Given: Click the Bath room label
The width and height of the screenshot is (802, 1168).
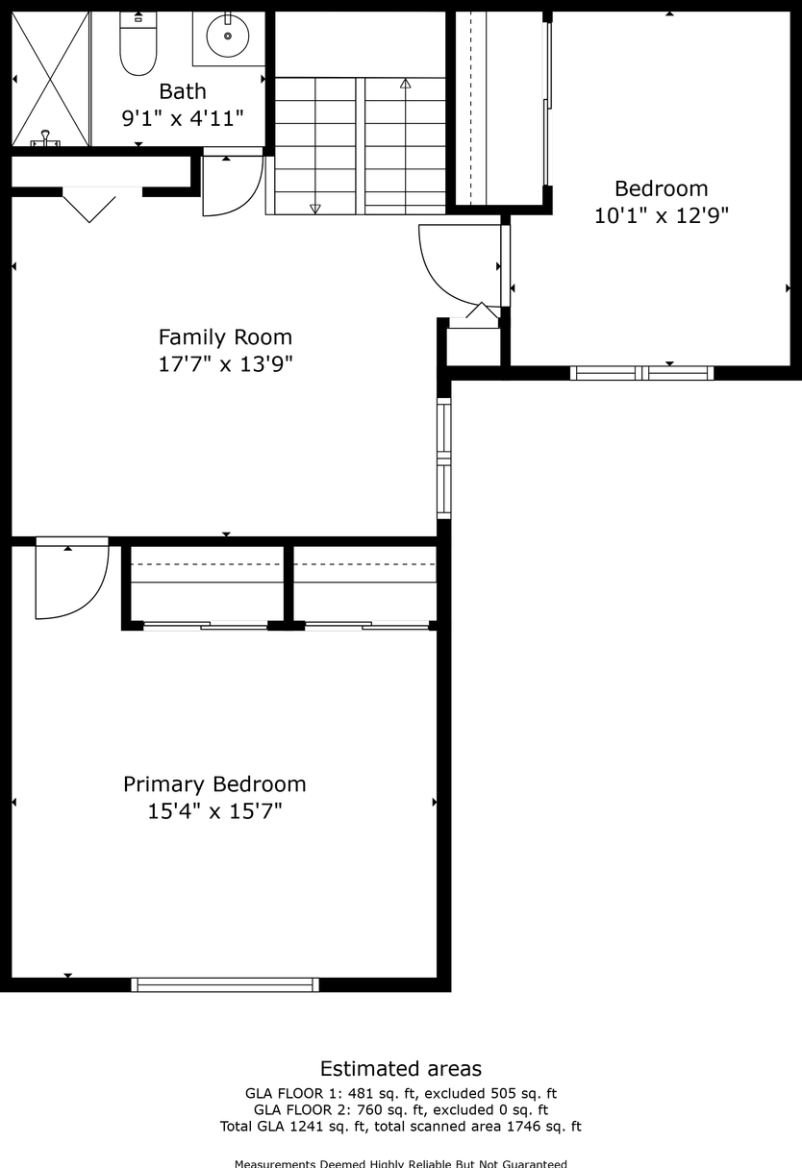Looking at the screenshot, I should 183,91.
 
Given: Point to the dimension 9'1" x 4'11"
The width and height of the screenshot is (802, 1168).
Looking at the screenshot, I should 183,118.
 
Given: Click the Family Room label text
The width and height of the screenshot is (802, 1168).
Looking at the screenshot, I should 225,337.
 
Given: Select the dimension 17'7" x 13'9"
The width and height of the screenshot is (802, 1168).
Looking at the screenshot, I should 225,364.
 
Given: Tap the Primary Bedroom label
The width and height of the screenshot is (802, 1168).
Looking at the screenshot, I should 214,784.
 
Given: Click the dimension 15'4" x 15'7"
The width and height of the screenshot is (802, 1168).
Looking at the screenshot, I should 214,811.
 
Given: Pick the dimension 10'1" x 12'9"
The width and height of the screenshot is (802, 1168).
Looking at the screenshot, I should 662,216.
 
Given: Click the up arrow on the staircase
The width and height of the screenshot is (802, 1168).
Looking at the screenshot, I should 405,85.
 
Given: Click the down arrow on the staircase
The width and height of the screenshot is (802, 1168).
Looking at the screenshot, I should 314,208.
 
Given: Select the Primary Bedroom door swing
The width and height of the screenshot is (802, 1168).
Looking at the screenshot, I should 71,582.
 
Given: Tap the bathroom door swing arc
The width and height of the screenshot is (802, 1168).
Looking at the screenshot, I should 233,186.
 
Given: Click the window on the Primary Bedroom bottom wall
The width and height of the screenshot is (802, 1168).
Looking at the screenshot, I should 225,984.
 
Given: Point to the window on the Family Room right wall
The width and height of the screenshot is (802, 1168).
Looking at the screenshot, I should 443,459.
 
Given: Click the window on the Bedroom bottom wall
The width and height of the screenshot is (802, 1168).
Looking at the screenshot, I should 641,373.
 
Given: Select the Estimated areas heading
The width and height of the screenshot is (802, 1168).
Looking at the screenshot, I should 401,1069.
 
